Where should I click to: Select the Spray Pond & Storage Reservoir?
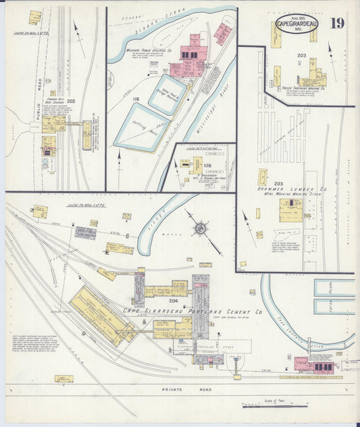click(166, 93)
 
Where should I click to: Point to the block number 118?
click(136, 99)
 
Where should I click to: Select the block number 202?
click(71, 101)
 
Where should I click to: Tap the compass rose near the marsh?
click(200, 228)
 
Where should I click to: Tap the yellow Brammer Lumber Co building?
click(290, 209)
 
